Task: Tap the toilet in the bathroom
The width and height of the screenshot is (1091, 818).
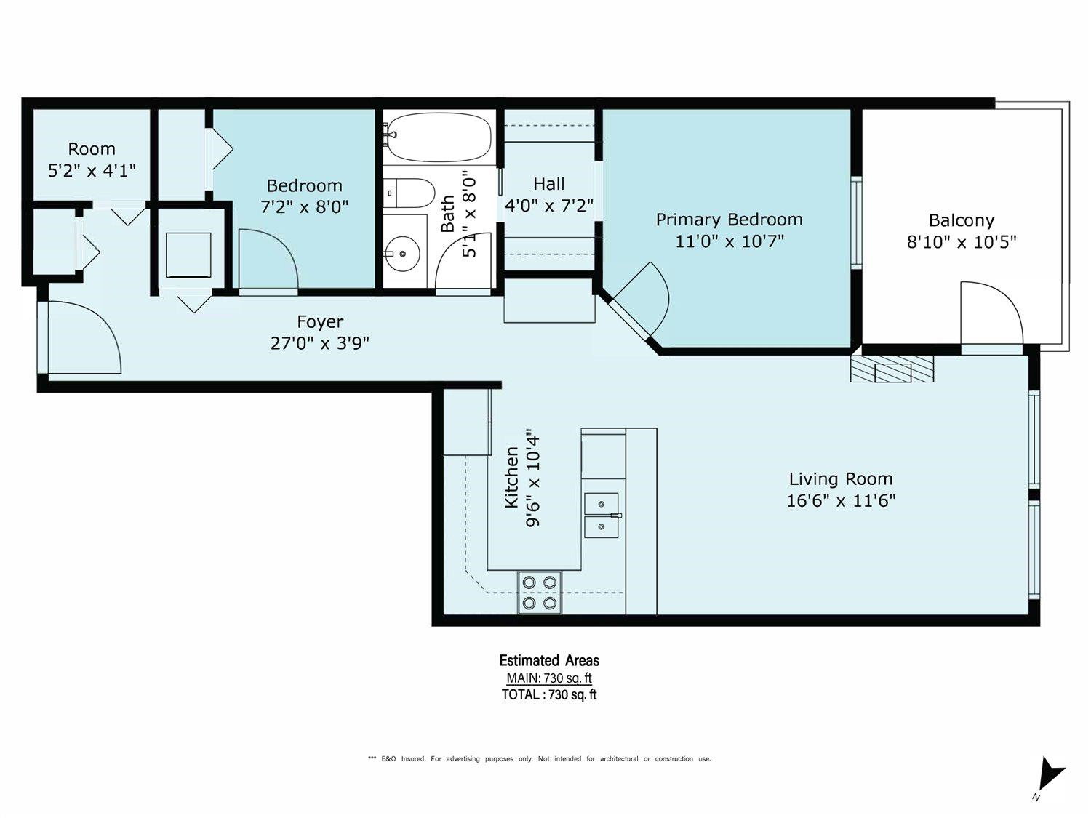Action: [x=409, y=193]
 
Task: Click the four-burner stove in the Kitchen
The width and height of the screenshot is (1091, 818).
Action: [x=539, y=593]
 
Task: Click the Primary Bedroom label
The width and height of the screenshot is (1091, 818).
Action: [x=730, y=220]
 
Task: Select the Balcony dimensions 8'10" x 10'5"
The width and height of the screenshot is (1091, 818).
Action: [x=962, y=242]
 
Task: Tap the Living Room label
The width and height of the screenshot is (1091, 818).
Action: [x=841, y=478]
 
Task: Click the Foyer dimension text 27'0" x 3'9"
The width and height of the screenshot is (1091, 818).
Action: [x=319, y=343]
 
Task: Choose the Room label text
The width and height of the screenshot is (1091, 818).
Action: [x=92, y=149]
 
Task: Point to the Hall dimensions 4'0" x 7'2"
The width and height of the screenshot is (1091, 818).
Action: [x=548, y=205]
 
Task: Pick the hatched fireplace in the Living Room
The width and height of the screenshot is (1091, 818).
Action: [x=892, y=369]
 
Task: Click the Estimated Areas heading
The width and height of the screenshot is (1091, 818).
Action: [x=549, y=660]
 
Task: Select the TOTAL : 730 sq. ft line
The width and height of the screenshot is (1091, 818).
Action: [x=549, y=694]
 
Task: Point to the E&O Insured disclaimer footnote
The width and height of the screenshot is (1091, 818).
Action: [x=539, y=759]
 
